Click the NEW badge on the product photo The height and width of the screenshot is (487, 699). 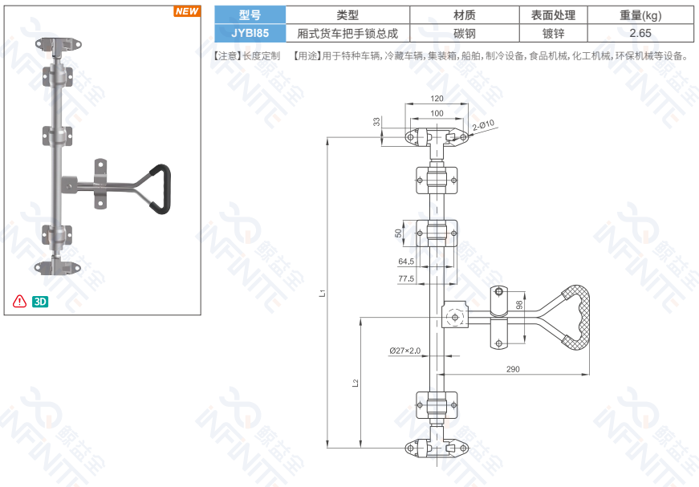[187, 11]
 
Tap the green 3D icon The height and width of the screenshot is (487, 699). [40, 302]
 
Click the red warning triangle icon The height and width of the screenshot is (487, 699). [19, 302]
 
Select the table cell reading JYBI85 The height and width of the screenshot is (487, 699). [250, 33]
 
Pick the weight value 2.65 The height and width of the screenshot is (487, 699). [640, 33]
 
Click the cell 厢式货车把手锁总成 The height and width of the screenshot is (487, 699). [347, 33]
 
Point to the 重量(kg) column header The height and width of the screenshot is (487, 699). [640, 14]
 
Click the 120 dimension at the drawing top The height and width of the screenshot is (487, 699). [437, 99]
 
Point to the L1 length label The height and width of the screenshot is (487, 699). [322, 293]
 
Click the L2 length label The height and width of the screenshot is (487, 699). [356, 384]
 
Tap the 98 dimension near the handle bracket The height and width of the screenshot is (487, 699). [519, 306]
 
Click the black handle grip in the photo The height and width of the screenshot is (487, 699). [161, 189]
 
